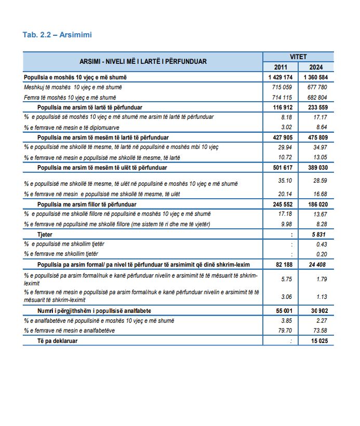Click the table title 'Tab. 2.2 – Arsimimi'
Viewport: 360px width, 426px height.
click(x=57, y=35)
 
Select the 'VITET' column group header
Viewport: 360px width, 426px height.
click(x=298, y=57)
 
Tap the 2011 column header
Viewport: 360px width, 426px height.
click(x=282, y=67)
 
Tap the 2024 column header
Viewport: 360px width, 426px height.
click(x=316, y=67)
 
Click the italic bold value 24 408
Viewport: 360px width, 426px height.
click(x=317, y=265)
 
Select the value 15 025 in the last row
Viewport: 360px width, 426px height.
click(x=317, y=340)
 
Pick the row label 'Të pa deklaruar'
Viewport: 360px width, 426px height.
click(x=57, y=340)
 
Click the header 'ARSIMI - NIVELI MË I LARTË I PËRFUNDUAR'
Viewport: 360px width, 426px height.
click(x=143, y=61)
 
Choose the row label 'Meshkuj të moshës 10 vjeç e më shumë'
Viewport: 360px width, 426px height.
click(x=70, y=87)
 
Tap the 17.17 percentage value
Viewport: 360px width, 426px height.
click(x=319, y=117)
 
